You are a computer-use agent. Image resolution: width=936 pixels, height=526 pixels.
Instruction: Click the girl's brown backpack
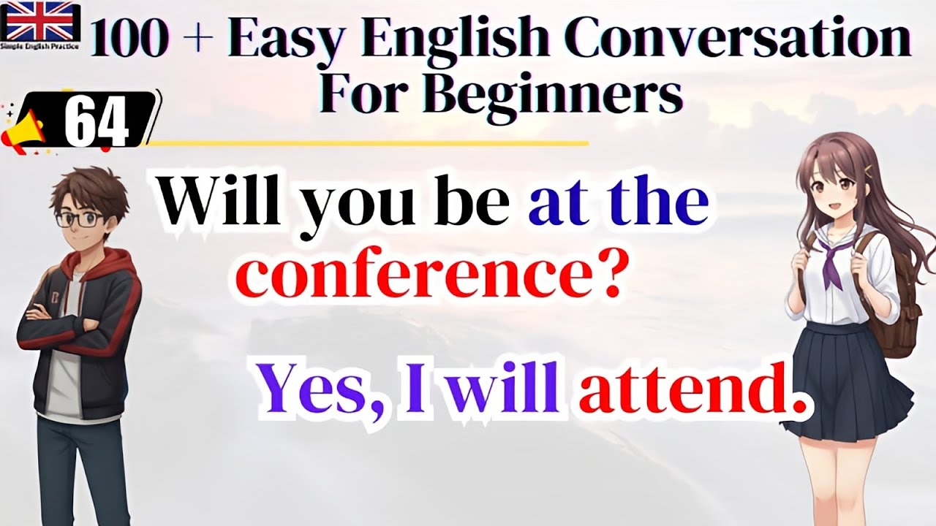click(899, 307)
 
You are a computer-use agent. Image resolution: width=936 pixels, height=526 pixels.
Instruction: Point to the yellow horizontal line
click(366, 143)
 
